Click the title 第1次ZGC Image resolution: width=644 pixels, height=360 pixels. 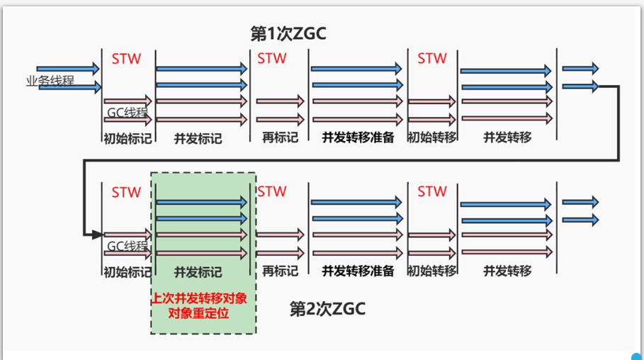coord(288,33)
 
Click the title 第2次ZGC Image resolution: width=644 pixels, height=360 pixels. coord(327,308)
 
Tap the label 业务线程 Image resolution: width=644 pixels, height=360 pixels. coord(50,80)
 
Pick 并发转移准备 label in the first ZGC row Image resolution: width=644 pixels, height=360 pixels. coord(358,137)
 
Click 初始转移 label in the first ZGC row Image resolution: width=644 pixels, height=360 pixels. coord(431,137)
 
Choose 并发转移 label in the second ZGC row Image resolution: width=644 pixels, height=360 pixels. coord(507,271)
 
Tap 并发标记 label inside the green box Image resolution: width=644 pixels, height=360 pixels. coord(198,271)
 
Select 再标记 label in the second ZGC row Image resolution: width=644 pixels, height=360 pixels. coord(278,271)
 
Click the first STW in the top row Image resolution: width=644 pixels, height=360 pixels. coord(126,59)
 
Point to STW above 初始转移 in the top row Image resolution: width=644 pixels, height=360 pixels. coord(432,58)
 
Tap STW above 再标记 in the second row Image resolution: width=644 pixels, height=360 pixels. coord(271,191)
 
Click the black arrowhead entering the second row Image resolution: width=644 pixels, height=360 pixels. coord(96,232)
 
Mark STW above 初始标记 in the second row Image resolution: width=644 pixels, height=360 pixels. coord(126,192)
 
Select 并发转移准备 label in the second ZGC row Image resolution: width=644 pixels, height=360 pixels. coord(358,271)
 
